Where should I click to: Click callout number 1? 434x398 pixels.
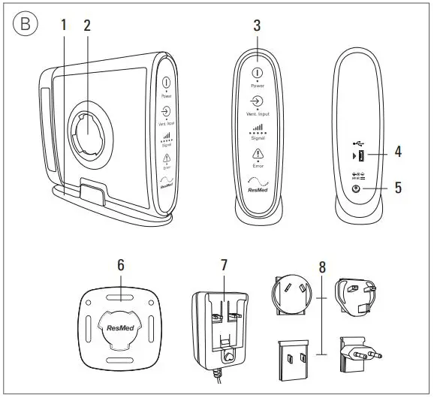point(64,24)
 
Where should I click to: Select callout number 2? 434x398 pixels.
point(87,24)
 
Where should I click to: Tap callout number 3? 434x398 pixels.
point(257,24)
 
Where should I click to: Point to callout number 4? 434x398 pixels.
point(398,152)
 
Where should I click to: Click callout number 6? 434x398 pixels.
point(120,265)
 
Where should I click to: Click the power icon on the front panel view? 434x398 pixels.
point(257,73)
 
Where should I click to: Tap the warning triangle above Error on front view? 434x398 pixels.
point(257,153)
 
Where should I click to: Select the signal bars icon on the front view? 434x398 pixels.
point(257,128)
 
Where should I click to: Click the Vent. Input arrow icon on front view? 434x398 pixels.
point(257,101)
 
